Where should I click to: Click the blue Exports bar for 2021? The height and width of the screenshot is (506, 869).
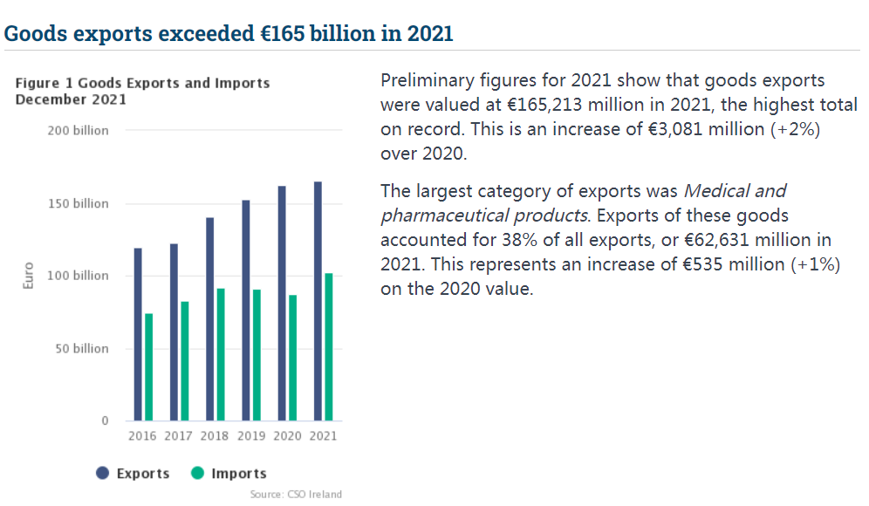pos(318,301)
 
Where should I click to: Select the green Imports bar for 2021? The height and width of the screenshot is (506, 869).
pos(328,346)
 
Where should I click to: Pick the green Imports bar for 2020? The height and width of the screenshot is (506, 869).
pos(292,358)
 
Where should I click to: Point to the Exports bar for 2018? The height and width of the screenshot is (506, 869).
pos(209,318)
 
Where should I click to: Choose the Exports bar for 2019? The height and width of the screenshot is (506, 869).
pos(246,311)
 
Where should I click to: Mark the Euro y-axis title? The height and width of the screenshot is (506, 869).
pos(28,276)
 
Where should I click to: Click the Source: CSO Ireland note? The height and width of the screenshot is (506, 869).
pos(296,495)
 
